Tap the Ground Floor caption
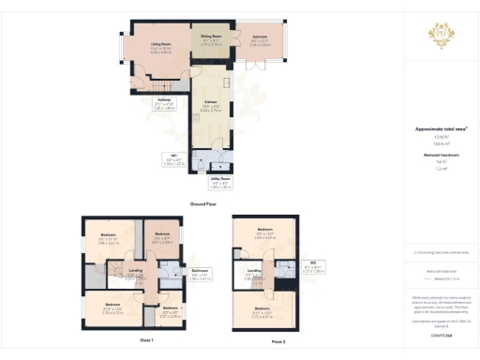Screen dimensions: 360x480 pos(203,202)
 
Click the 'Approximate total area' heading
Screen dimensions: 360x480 pos(440,129)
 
